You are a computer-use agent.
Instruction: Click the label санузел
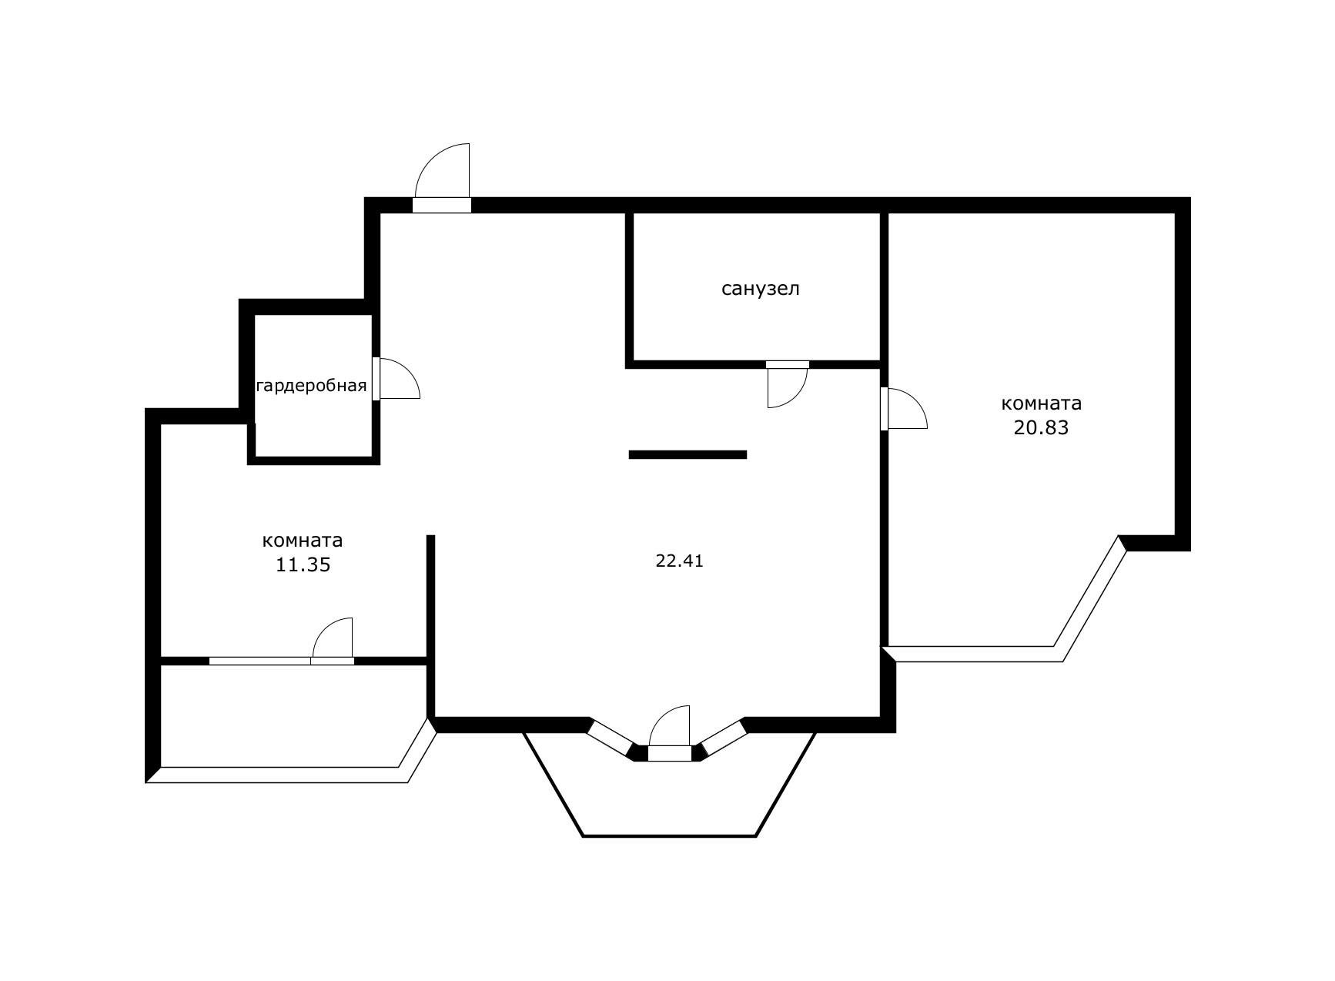point(761,289)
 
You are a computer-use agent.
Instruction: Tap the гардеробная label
point(311,386)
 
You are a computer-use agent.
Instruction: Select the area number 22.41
point(679,561)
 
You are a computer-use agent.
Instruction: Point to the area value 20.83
point(1041,428)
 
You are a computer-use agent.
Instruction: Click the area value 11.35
point(303,565)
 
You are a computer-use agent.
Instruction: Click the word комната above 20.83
point(1041,403)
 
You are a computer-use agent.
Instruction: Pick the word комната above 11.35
point(303,541)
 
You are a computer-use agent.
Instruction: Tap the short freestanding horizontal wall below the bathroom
point(688,455)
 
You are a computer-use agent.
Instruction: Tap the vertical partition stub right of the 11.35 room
point(431,597)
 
